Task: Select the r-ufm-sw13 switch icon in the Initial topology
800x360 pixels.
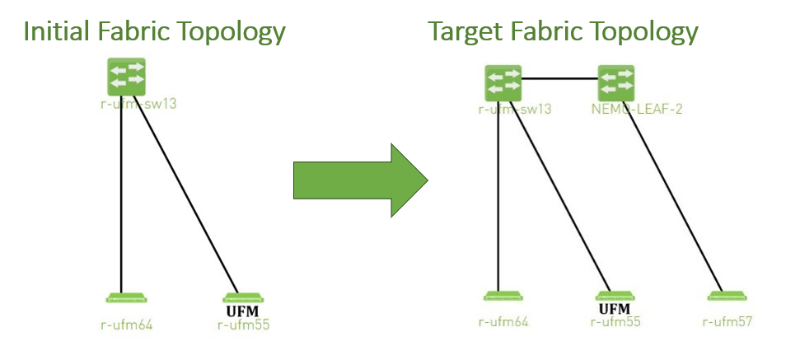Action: point(126,77)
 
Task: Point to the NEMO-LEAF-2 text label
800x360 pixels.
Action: point(626,108)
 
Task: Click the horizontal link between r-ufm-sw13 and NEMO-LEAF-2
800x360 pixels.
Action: point(560,79)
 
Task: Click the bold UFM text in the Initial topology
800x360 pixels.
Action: point(243,311)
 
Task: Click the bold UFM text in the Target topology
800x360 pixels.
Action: point(614,309)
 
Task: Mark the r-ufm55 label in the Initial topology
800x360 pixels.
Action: point(243,325)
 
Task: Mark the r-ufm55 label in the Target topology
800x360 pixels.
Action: point(616,321)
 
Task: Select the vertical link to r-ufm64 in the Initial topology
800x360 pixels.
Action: point(122,198)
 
